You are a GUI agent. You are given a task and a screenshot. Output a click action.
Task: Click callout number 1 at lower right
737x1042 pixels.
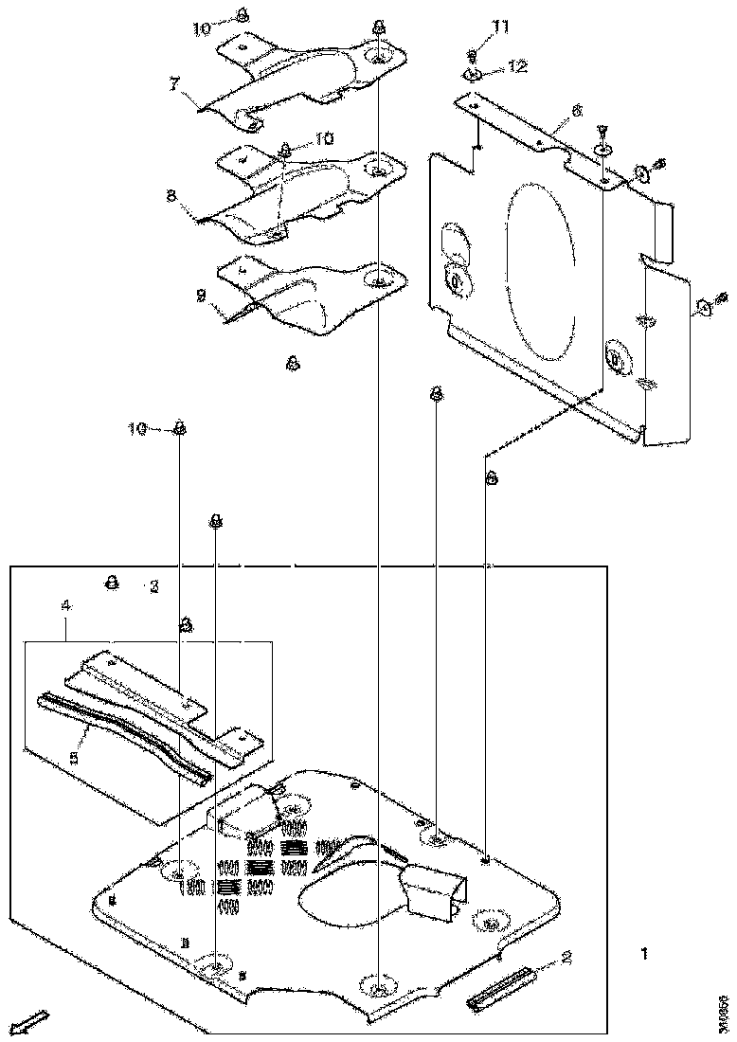644,954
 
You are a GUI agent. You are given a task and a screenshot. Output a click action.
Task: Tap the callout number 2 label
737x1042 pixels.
566,958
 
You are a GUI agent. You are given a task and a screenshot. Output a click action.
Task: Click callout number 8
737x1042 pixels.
170,195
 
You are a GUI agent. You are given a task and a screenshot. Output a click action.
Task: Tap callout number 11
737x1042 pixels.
500,27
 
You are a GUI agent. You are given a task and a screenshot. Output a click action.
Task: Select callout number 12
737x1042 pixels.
517,67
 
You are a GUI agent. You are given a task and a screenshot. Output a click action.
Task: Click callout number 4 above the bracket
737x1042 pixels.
64,625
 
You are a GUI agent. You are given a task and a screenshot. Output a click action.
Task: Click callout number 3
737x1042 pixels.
154,587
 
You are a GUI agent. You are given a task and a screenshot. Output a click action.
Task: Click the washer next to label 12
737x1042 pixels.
475,75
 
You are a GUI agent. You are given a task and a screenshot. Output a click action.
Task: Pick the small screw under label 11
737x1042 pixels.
473,56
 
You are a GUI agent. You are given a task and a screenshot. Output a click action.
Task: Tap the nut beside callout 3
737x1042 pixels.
111,583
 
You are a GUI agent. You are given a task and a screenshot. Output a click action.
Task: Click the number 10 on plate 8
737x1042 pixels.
323,138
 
